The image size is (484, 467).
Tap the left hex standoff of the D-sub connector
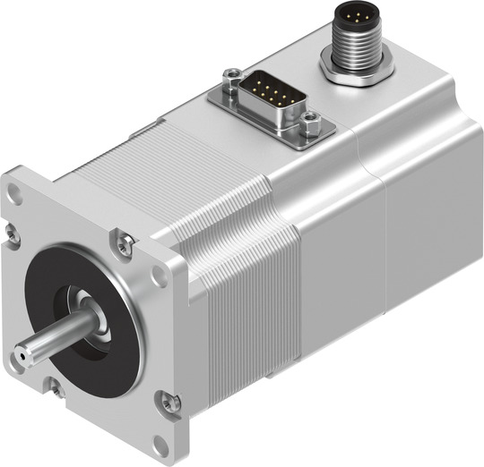(231, 75)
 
